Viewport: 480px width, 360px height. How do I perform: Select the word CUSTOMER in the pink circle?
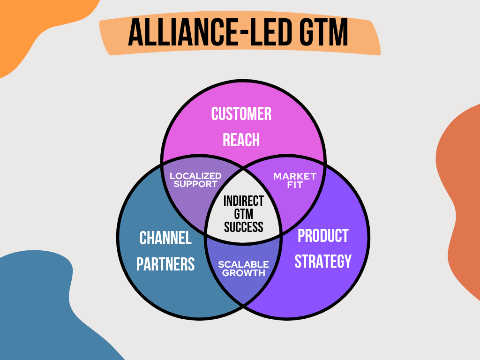tap(241, 114)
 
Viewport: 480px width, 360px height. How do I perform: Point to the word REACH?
tap(241, 140)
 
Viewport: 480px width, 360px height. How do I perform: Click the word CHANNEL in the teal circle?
tap(165, 238)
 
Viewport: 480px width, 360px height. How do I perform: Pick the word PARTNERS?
tap(165, 264)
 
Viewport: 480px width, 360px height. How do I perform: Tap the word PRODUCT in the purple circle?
tap(323, 236)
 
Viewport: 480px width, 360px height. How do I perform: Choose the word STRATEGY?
tap(323, 261)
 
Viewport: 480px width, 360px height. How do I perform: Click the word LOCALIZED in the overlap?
tap(195, 176)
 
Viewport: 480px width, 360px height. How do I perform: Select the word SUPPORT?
tap(195, 184)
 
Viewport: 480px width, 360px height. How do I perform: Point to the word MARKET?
tap(295, 177)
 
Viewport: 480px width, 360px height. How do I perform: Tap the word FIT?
tap(295, 185)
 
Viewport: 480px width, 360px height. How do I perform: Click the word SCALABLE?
tap(243, 264)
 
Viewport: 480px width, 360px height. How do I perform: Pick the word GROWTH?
tap(243, 273)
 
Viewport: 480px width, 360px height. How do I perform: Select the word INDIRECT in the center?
tap(244, 201)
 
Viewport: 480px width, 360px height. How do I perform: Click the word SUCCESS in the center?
tap(244, 227)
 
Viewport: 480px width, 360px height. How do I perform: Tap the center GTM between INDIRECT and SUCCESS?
tap(244, 214)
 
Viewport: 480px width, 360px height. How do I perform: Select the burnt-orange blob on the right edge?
tap(462, 197)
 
